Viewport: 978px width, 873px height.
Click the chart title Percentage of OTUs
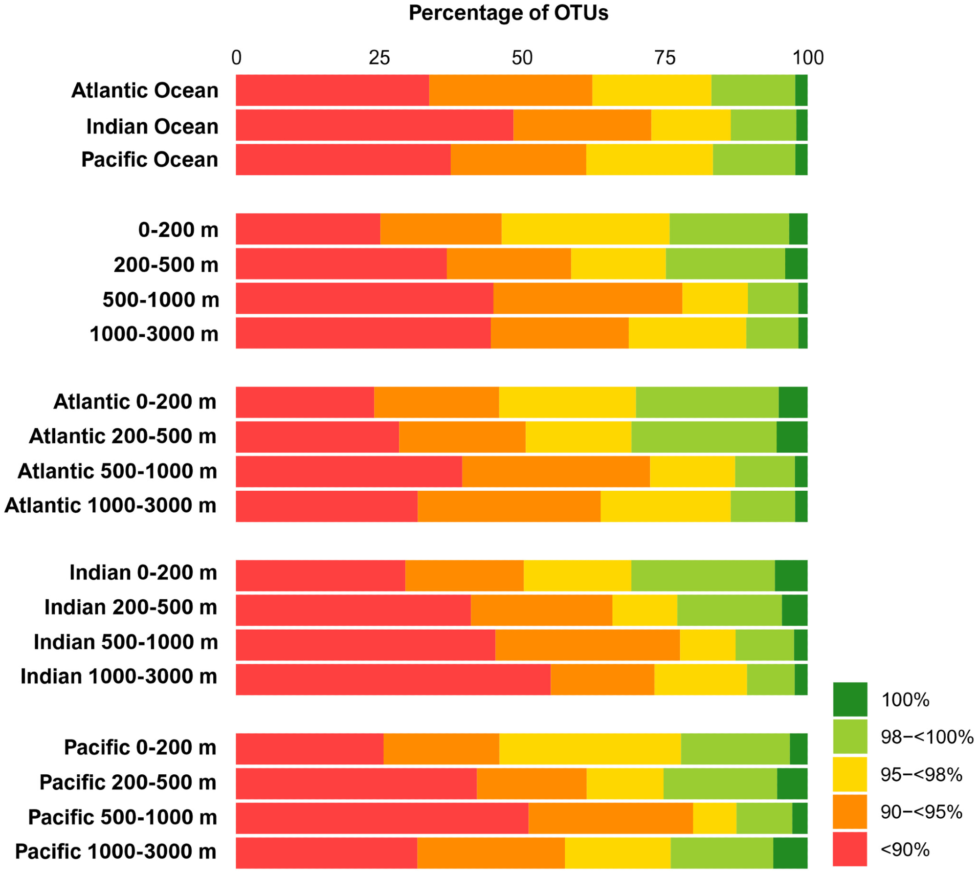[x=508, y=13]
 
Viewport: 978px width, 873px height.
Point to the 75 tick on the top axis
[x=665, y=58]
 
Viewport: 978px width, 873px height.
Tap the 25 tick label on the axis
[x=379, y=58]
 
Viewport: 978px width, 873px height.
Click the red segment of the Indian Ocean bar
[x=374, y=125]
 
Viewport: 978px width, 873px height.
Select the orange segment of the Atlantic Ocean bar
[x=510, y=90]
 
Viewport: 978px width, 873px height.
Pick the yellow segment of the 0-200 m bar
[x=585, y=229]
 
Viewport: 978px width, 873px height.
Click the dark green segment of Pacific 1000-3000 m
[x=790, y=852]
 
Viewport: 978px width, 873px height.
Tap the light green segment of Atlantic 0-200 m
[x=707, y=402]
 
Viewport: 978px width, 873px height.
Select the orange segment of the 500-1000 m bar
[x=587, y=298]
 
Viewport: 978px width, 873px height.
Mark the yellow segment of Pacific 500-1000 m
[x=714, y=818]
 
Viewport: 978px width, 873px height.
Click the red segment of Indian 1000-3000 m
[x=393, y=679]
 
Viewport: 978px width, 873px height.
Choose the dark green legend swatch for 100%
[x=850, y=699]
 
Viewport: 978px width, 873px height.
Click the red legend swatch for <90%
[x=850, y=849]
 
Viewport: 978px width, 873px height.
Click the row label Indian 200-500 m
[x=130, y=608]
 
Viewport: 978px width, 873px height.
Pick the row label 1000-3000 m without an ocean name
[x=154, y=334]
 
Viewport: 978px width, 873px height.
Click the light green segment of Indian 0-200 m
[x=703, y=575]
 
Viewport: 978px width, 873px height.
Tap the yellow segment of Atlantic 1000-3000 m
[x=665, y=506]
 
